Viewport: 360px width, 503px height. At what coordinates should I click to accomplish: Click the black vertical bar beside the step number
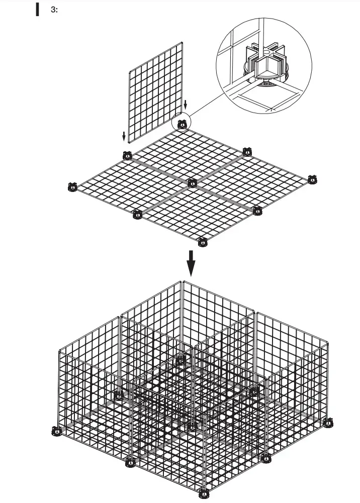(37, 10)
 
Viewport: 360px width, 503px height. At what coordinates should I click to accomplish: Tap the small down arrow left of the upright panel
(124, 136)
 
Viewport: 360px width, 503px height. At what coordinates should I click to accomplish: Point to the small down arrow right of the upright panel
(186, 105)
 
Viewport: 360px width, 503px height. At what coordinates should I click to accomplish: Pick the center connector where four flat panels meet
(192, 183)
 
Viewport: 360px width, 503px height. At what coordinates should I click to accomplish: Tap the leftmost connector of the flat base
(72, 187)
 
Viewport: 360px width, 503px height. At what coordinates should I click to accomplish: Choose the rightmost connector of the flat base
(312, 178)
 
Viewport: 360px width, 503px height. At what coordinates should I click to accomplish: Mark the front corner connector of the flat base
(202, 242)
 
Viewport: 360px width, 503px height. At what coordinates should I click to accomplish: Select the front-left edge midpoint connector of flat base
(137, 215)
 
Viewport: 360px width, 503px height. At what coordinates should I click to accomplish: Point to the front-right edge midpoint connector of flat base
(257, 210)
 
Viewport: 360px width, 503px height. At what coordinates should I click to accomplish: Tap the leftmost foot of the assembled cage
(57, 431)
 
